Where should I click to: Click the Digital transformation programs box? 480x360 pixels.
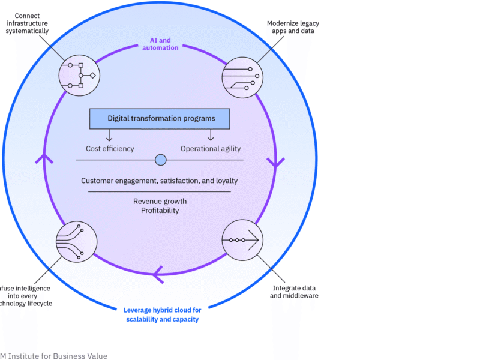click(161, 119)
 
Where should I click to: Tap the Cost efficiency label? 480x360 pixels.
click(109, 148)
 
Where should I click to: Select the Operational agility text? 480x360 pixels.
click(211, 148)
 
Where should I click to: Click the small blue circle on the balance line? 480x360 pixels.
click(160, 160)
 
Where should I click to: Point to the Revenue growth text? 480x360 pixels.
click(160, 201)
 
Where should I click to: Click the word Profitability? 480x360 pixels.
click(160, 211)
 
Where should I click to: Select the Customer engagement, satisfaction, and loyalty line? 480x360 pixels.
click(160, 181)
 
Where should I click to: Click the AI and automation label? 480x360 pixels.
click(160, 44)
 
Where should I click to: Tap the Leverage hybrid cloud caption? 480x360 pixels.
click(162, 314)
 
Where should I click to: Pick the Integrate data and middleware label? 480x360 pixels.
click(294, 292)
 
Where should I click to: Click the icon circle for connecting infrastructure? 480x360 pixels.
click(79, 76)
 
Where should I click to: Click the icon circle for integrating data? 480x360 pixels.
click(242, 240)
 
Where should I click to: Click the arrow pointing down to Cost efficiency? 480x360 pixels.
click(109, 136)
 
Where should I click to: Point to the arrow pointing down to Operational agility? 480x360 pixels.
click(211, 136)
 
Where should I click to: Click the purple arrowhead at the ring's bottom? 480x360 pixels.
click(158, 274)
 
